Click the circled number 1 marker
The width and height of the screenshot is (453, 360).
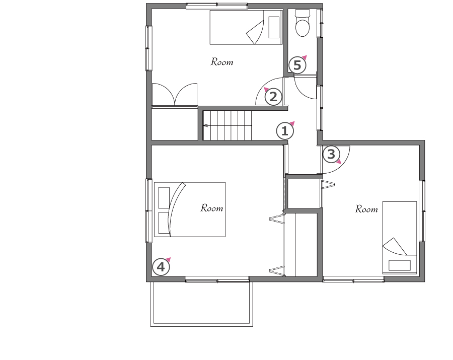(x=285, y=131)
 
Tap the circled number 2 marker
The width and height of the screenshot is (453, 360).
(x=273, y=97)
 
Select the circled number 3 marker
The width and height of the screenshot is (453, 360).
(x=331, y=154)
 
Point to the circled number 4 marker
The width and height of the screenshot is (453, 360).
(x=161, y=267)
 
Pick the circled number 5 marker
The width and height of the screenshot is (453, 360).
(x=297, y=65)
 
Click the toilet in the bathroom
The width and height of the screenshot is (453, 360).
(x=303, y=23)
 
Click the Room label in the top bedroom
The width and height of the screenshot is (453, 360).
(x=222, y=62)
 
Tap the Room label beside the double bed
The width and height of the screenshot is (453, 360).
(x=212, y=208)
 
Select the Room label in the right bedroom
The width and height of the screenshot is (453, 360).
(x=366, y=209)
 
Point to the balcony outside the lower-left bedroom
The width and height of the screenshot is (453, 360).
(x=202, y=304)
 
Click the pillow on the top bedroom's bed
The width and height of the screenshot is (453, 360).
(x=274, y=28)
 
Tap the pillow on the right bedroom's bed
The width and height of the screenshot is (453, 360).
(x=400, y=265)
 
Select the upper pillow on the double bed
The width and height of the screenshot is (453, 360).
(x=164, y=198)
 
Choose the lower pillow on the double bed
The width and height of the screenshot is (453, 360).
(x=164, y=223)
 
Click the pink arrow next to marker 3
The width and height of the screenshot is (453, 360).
(x=339, y=162)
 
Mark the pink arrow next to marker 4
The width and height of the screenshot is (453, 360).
(x=168, y=259)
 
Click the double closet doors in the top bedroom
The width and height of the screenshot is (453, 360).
(x=175, y=95)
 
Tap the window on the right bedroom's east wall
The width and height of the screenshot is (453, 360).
(x=422, y=211)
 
